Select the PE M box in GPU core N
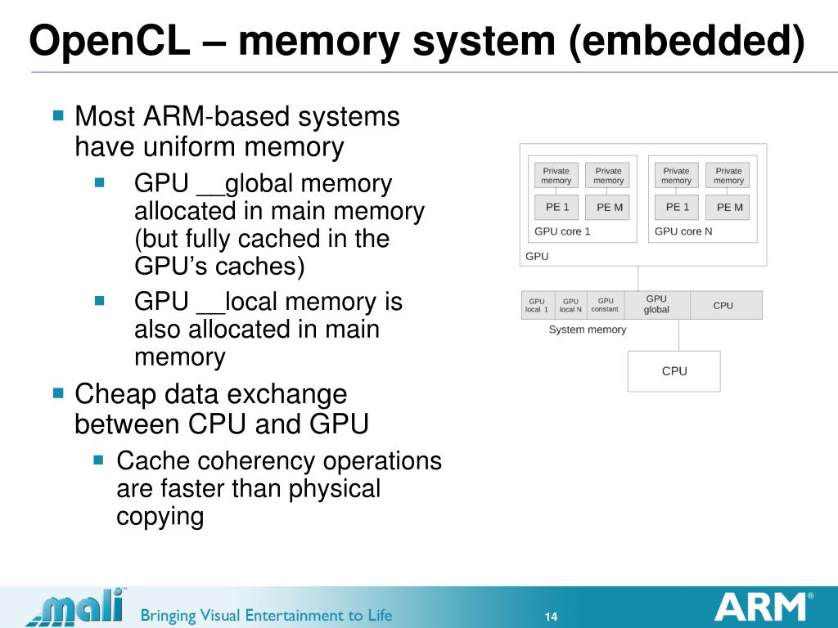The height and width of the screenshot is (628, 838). [729, 208]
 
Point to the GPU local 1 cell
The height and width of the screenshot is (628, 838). [537, 305]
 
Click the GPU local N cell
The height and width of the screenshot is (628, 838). [570, 305]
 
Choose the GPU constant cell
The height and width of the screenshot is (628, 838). [605, 305]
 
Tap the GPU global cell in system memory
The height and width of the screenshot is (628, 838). [656, 305]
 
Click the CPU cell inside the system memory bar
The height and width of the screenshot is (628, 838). [723, 305]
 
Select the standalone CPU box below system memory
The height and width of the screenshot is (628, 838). [674, 371]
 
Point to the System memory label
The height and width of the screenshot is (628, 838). [587, 330]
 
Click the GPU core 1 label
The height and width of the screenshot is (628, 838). [562, 231]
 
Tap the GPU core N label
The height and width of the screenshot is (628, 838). [683, 231]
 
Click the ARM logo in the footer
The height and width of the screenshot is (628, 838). [761, 608]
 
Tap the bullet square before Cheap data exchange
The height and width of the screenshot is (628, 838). [57, 393]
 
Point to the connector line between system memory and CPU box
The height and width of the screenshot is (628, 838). [678, 335]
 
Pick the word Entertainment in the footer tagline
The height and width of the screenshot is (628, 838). [271, 615]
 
